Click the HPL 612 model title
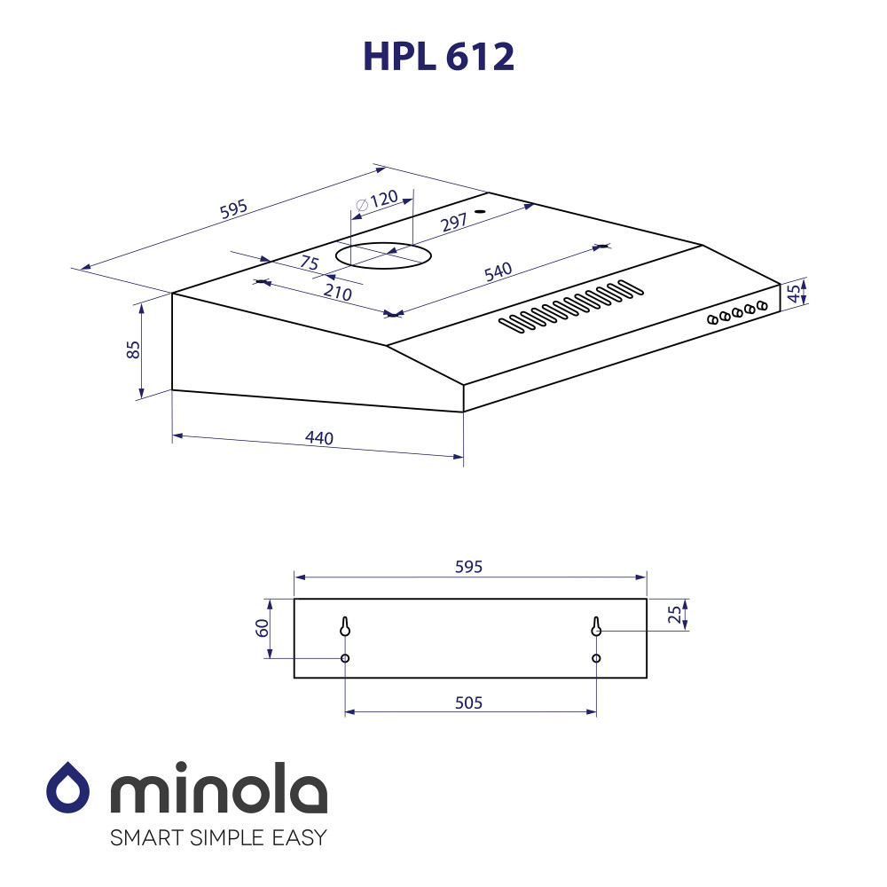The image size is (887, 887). [438, 56]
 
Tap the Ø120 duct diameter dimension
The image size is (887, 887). [377, 200]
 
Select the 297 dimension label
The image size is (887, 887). [454, 222]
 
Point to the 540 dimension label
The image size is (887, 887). [498, 271]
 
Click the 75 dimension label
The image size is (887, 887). [310, 263]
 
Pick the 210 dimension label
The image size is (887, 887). [338, 292]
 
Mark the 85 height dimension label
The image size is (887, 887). [133, 349]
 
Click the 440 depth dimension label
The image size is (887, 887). [319, 437]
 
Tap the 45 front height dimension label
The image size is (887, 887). [794, 293]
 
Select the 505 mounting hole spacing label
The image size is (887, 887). [469, 703]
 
